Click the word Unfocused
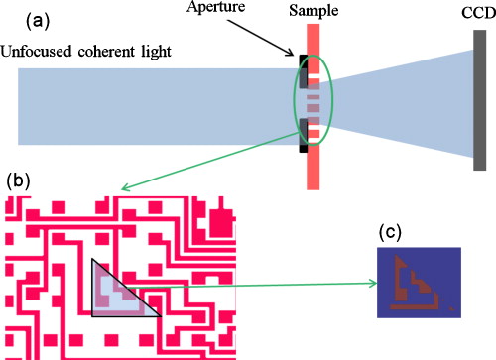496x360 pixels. click(38, 50)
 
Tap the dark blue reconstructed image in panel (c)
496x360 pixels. click(418, 282)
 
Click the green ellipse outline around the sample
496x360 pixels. click(292, 104)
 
